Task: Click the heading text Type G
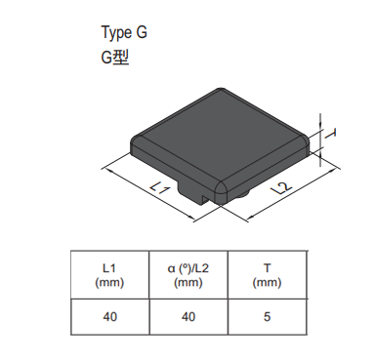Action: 124,32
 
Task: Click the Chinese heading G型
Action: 115,58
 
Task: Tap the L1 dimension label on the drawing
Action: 160,187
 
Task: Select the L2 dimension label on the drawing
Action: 281,188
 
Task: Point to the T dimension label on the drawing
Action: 331,134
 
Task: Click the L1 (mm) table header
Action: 109,275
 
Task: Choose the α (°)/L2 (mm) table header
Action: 188,275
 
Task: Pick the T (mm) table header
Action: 267,275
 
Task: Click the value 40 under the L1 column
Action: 109,316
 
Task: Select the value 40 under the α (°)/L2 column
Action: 188,316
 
